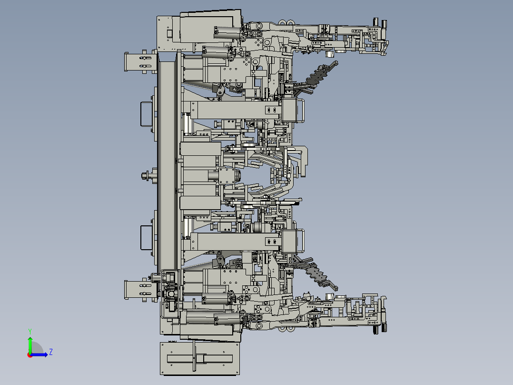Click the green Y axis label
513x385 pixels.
(30, 331)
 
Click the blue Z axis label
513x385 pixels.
(50, 352)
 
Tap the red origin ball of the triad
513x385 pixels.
(30, 355)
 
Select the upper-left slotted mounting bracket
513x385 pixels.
(139, 62)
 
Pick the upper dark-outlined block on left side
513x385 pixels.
(146, 114)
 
